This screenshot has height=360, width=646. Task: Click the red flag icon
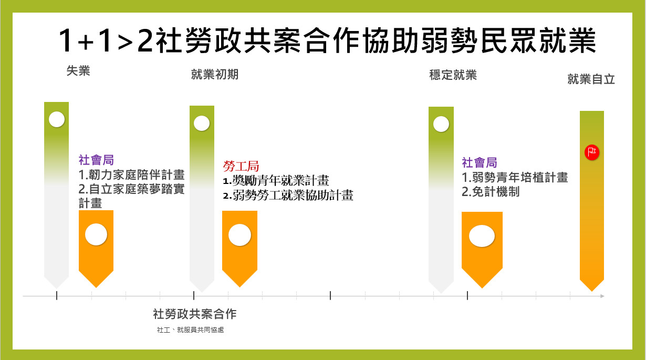coord(592,152)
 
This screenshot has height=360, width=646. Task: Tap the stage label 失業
coord(78,71)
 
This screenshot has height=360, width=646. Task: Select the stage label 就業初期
coord(215,75)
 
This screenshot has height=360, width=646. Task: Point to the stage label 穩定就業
coord(453,75)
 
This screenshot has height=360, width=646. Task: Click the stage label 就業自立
coord(591,79)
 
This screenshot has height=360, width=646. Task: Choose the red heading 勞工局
coord(241,166)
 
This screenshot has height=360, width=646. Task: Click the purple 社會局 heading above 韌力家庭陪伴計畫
coord(96,160)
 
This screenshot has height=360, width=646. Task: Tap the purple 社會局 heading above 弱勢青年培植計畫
coord(480,162)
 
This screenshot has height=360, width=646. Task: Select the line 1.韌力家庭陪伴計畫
coord(131,174)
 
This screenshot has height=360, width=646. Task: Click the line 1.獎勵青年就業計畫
coord(276,181)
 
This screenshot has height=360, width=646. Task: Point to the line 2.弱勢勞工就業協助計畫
coord(288,196)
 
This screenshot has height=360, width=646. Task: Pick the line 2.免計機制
coord(491,192)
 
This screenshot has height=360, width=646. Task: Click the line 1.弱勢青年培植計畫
coord(515,177)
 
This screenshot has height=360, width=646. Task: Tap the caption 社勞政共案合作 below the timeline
coord(195,314)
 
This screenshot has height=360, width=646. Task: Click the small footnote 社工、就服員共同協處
coord(190,330)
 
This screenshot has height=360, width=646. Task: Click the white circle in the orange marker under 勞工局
coord(239,235)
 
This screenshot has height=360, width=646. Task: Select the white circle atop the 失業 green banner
coord(57,119)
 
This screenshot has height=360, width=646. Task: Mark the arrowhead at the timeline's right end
coord(602,296)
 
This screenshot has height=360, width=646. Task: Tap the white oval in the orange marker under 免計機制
coord(482,236)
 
